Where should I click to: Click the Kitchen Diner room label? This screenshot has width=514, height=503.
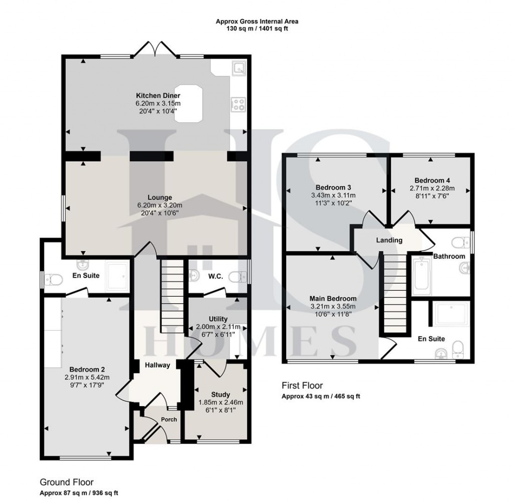pos(158,95)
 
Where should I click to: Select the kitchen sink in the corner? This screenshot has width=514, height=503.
pos(239,68)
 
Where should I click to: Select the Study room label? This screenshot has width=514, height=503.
pos(220,394)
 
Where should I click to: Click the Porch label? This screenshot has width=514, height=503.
pos(169,419)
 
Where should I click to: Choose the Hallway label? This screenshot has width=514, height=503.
pos(158,365)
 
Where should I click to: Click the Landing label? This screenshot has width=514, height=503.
pos(390,240)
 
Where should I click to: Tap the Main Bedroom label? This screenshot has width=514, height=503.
pos(333,298)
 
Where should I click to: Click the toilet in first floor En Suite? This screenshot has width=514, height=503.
pos(458,348)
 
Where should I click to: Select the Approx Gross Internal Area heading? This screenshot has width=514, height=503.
pos(257,21)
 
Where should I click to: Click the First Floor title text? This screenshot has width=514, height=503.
pos(302,386)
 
